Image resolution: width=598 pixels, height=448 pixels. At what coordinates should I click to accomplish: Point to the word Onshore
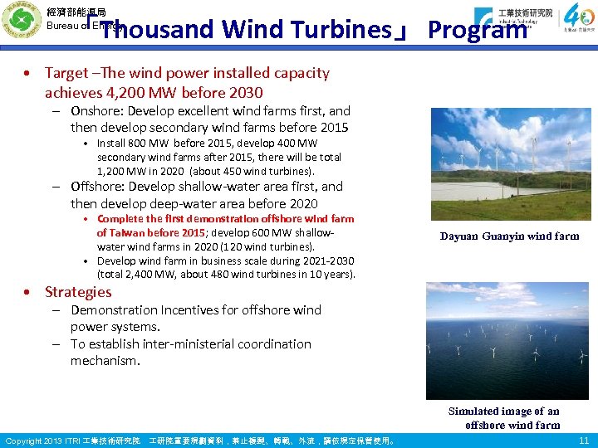(x=94, y=111)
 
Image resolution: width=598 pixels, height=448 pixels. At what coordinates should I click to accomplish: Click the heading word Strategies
(x=78, y=292)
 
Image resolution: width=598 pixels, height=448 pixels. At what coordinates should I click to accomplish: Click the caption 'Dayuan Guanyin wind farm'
(x=509, y=236)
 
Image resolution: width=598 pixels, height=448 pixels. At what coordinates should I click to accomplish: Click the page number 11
(x=583, y=441)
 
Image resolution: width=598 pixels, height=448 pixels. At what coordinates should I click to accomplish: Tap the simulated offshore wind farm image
(x=507, y=341)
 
